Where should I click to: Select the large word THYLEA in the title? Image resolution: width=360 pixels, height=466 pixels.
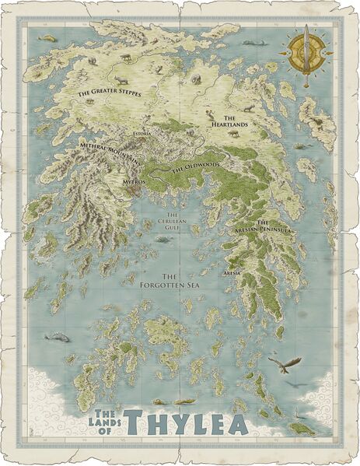click(184, 423)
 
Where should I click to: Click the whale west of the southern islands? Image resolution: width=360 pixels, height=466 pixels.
click(56, 336)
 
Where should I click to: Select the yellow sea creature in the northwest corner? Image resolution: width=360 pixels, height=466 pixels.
click(47, 37)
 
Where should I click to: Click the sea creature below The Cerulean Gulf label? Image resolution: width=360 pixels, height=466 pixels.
click(163, 239)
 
